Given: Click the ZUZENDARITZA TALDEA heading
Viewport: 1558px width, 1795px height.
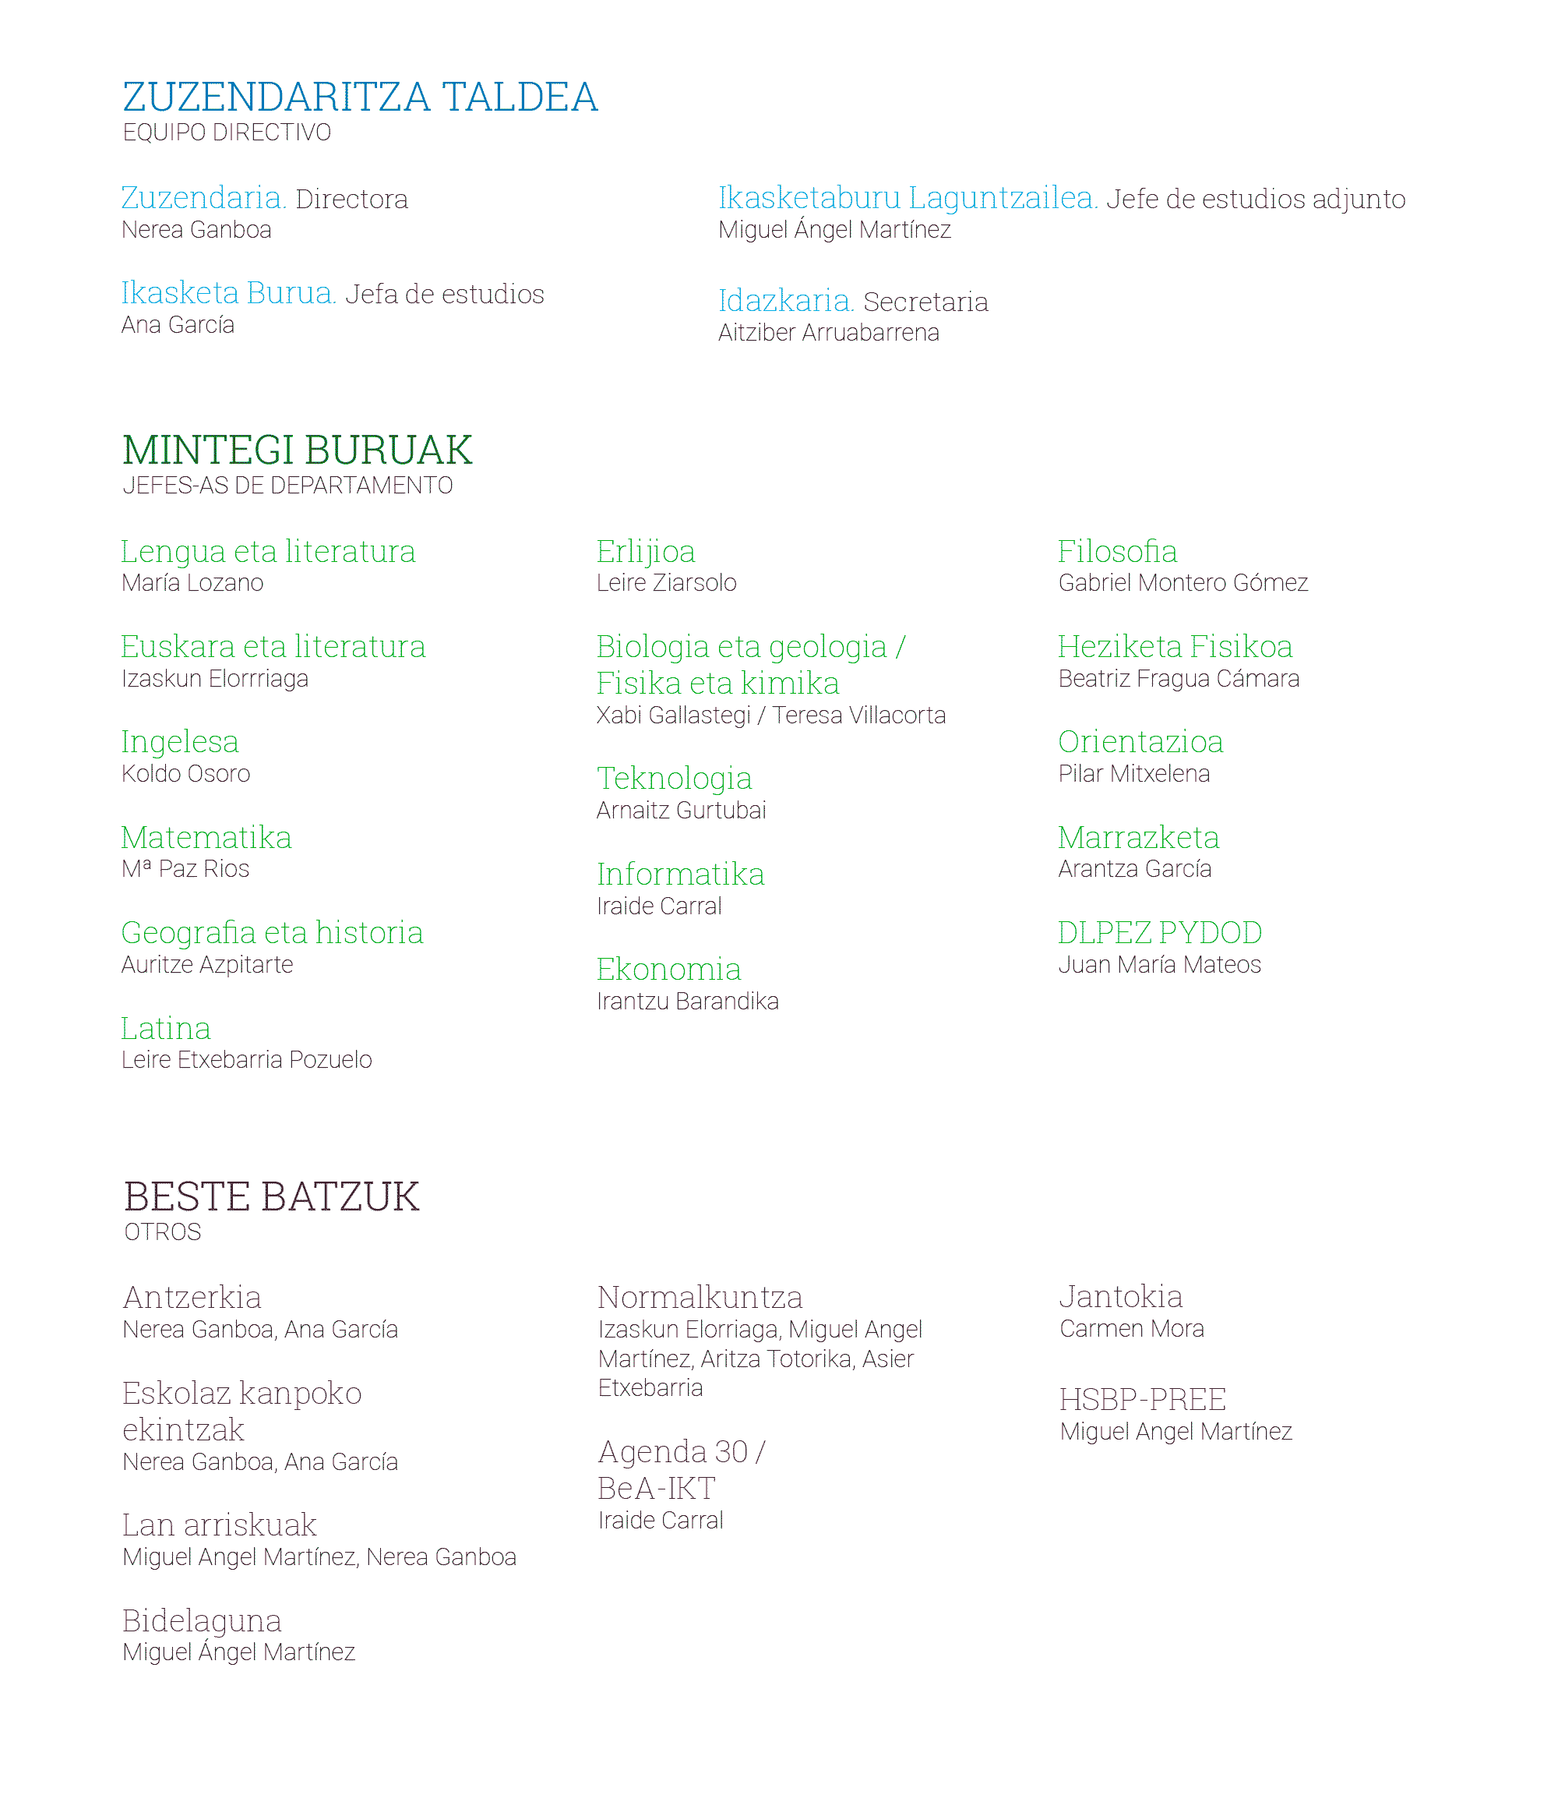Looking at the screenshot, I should (x=360, y=97).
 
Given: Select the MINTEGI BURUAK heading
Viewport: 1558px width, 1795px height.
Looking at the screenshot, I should (x=298, y=450).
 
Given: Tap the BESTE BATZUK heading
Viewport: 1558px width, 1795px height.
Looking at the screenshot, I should (x=271, y=1196).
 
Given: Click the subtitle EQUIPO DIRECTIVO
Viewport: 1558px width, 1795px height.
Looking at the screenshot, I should (x=227, y=133).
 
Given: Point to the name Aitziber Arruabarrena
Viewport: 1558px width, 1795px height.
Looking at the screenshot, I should (x=829, y=333).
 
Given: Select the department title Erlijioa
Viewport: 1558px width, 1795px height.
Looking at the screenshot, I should (x=645, y=551).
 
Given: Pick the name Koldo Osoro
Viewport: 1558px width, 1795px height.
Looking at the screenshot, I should (x=186, y=774).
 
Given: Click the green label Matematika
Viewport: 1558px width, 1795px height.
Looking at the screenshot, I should (x=206, y=838).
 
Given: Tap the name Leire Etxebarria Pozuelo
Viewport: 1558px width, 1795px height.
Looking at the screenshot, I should (x=247, y=1060).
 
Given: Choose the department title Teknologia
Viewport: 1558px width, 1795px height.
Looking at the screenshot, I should (x=674, y=779).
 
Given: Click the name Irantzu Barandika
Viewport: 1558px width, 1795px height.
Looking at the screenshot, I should (x=688, y=1002).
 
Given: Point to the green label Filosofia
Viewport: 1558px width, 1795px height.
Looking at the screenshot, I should (x=1117, y=551).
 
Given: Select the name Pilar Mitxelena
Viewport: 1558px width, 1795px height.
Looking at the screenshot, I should (x=1133, y=774).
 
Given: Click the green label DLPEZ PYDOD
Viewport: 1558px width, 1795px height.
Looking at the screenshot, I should (x=1160, y=933).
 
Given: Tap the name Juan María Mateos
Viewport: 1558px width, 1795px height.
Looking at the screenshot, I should (x=1160, y=964).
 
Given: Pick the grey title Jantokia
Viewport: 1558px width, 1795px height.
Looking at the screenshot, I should (x=1121, y=1297).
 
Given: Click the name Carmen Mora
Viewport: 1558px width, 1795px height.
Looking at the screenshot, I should (x=1132, y=1329).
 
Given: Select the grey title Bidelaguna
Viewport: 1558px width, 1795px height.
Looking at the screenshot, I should (x=202, y=1621).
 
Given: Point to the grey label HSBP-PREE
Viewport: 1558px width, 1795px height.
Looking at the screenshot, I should (x=1143, y=1400).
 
